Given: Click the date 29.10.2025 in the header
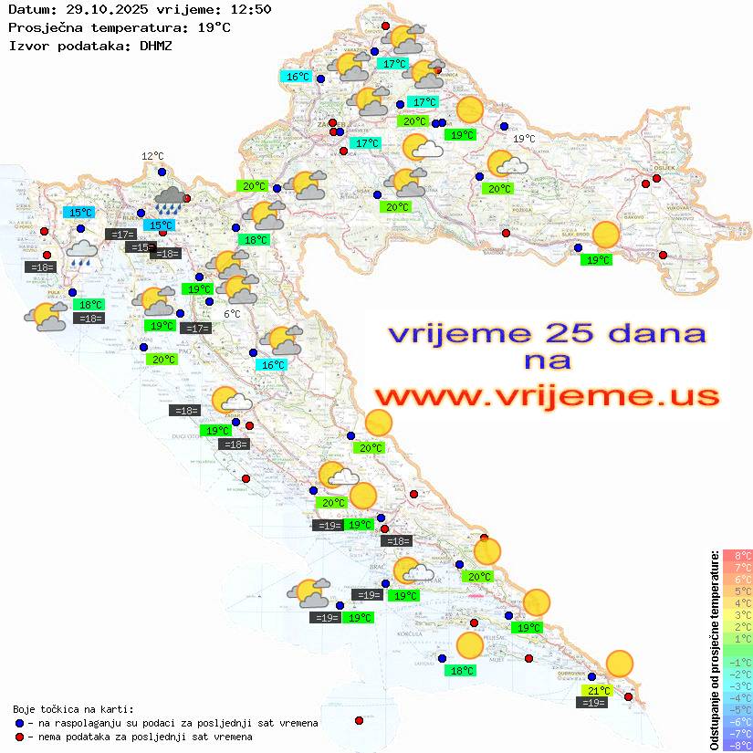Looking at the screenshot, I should click(x=103, y=9).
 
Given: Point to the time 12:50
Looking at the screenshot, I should click(x=250, y=9).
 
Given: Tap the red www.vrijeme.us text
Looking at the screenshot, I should click(x=546, y=395).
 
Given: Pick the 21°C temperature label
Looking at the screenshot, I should click(x=599, y=690).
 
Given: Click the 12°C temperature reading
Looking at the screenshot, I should click(x=152, y=156).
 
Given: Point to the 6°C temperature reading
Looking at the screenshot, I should click(x=232, y=313).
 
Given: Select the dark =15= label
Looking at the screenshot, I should click(x=141, y=246).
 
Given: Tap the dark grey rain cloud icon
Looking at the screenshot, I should click(x=171, y=198).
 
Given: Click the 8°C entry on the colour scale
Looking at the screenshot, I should click(x=737, y=556).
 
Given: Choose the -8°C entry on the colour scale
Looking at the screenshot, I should click(x=737, y=745).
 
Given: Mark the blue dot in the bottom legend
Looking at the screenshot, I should click(x=19, y=722).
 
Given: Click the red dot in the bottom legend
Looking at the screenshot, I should click(x=19, y=736).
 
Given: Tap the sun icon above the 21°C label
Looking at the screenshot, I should click(x=620, y=664).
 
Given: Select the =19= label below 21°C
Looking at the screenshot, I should click(x=593, y=702).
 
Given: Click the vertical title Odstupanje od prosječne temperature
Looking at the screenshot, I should click(x=715, y=649).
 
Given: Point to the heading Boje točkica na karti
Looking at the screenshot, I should click(x=73, y=708).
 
